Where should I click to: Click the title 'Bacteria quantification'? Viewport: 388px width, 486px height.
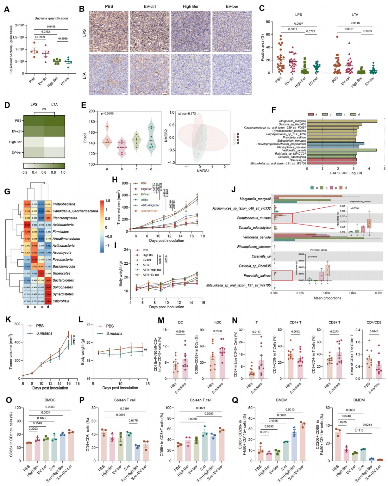pos(51,18)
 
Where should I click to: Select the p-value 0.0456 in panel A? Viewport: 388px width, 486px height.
pos(51,27)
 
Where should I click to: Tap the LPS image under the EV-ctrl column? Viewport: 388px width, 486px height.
pos(150,32)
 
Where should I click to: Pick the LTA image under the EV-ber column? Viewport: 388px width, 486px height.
pos(232,75)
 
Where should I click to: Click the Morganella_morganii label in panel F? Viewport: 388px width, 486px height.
pos(292,121)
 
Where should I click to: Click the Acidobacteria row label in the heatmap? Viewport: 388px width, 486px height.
pos(63,225)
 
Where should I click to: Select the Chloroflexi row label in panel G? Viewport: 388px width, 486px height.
pos(61,301)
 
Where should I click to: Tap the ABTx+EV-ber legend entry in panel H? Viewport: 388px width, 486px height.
pos(149,211)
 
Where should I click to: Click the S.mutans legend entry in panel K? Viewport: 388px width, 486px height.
pos(44,333)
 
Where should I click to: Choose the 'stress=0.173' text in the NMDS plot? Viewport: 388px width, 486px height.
pos(187,114)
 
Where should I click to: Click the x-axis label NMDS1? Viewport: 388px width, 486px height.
pos(203,171)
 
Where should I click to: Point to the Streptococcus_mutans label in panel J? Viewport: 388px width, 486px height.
pos(254,218)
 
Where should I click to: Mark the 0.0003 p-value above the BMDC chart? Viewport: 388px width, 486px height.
pos(50,407)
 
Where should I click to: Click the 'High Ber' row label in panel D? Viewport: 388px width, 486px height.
pos(15,142)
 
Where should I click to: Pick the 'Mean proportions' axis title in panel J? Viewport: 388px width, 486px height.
pos(327,298)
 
